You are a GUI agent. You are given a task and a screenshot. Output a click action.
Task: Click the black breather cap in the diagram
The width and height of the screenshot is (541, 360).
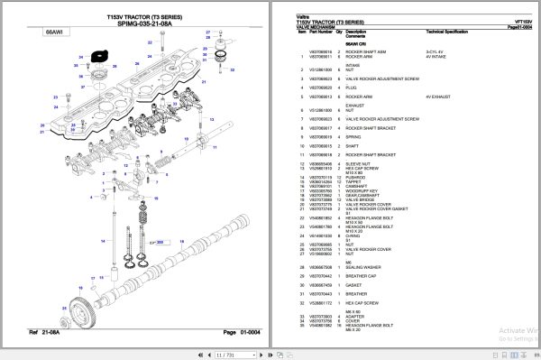(x=95, y=60)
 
